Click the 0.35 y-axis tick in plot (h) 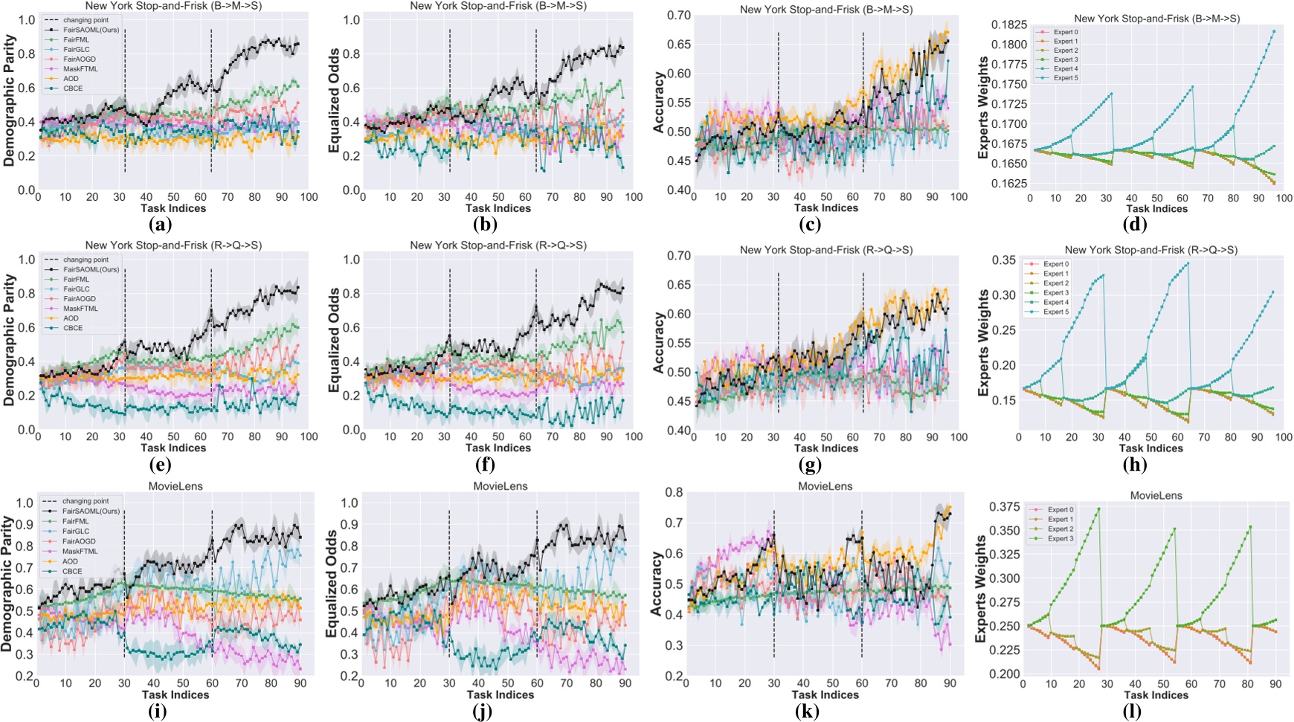click(1001, 260)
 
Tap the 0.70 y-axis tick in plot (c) click(672, 15)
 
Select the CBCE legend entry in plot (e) click(73, 328)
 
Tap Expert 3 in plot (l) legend click(1060, 538)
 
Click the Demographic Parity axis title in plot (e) click(10, 339)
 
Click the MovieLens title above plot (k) click(825, 486)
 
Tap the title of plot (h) click(1150, 250)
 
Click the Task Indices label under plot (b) click(498, 208)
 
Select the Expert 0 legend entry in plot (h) click(1055, 264)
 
